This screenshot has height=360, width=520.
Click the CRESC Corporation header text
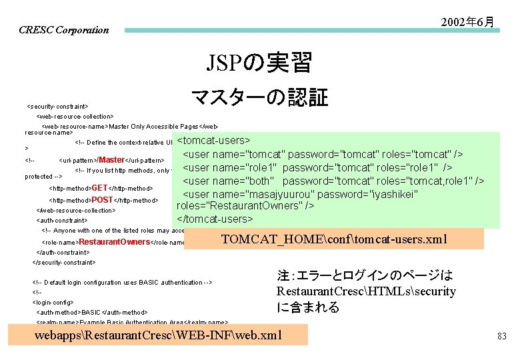(63, 30)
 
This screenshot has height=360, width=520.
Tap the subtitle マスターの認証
(259, 97)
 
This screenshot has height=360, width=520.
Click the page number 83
(501, 337)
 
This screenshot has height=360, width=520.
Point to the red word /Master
(111, 160)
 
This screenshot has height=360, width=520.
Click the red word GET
(99, 188)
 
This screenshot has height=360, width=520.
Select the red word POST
(102, 199)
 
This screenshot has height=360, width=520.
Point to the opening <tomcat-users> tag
(213, 141)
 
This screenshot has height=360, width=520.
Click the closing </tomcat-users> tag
(215, 218)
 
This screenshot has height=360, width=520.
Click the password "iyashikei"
(394, 193)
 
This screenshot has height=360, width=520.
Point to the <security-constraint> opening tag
(57, 106)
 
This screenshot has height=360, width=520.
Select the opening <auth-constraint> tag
(61, 220)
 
